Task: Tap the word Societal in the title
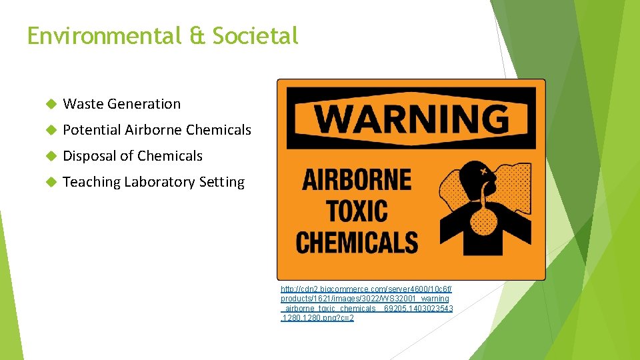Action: click(255, 36)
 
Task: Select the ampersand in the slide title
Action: click(197, 36)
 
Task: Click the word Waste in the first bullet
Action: click(83, 104)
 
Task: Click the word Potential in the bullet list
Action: click(91, 130)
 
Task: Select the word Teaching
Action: click(91, 182)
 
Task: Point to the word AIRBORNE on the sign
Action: click(357, 181)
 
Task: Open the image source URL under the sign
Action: click(367, 303)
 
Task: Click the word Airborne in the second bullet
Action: click(153, 130)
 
